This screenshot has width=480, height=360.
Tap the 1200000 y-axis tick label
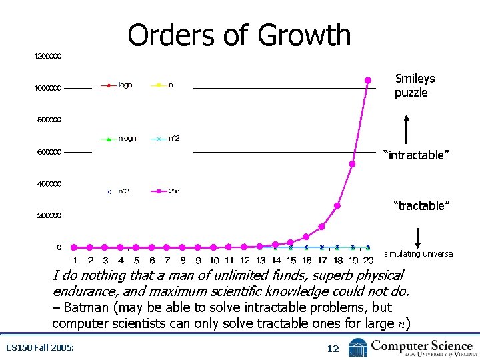48,56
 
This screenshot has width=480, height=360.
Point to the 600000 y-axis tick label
48,152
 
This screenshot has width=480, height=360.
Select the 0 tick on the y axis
59,247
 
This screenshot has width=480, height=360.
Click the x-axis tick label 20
368,260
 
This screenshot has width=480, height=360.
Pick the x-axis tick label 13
260,260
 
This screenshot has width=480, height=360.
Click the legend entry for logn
117,85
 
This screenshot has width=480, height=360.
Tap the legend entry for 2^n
167,191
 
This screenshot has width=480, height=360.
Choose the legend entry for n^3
117,191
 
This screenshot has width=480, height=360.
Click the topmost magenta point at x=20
367,80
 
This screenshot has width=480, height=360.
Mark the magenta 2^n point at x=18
337,205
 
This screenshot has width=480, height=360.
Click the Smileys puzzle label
414,85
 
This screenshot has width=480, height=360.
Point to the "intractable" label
416,155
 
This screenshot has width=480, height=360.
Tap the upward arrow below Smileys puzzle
406,129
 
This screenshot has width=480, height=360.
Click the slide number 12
333,348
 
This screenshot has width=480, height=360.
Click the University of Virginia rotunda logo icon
358,347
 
